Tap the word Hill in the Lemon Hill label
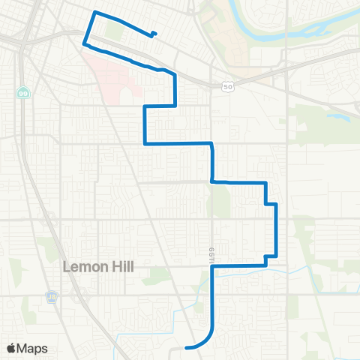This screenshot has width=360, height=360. pos(122,267)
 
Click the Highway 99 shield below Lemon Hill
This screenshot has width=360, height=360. pos(51,295)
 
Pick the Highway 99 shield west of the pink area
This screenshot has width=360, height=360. pos(23,91)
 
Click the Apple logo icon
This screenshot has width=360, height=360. pos(11,348)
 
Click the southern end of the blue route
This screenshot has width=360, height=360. pos(185,347)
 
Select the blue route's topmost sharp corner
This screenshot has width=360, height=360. pos(94,13)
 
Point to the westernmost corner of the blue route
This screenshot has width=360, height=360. pos(82,43)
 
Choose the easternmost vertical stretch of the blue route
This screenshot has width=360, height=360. pos(277,229)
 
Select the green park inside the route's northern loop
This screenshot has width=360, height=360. pos(113,31)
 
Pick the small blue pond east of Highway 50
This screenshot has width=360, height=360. pos(334,116)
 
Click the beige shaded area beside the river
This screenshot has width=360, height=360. pos(225,30)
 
